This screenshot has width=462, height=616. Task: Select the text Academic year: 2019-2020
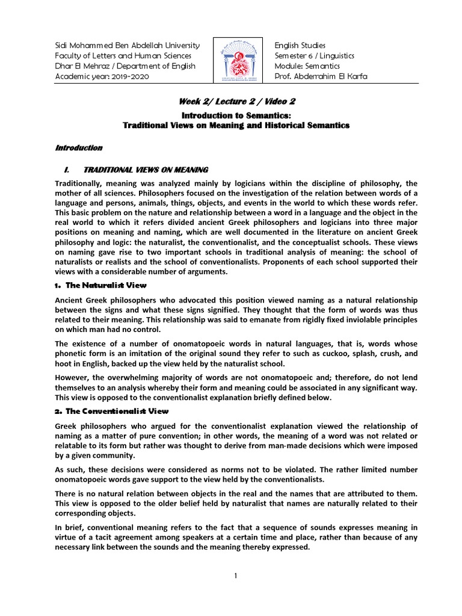[102, 77]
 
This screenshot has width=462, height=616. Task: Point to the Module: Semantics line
[307, 66]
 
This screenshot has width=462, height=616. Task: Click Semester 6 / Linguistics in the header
[314, 56]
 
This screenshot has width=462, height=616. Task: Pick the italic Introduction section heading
[79, 147]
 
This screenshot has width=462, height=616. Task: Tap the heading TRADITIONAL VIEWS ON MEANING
[146, 170]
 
